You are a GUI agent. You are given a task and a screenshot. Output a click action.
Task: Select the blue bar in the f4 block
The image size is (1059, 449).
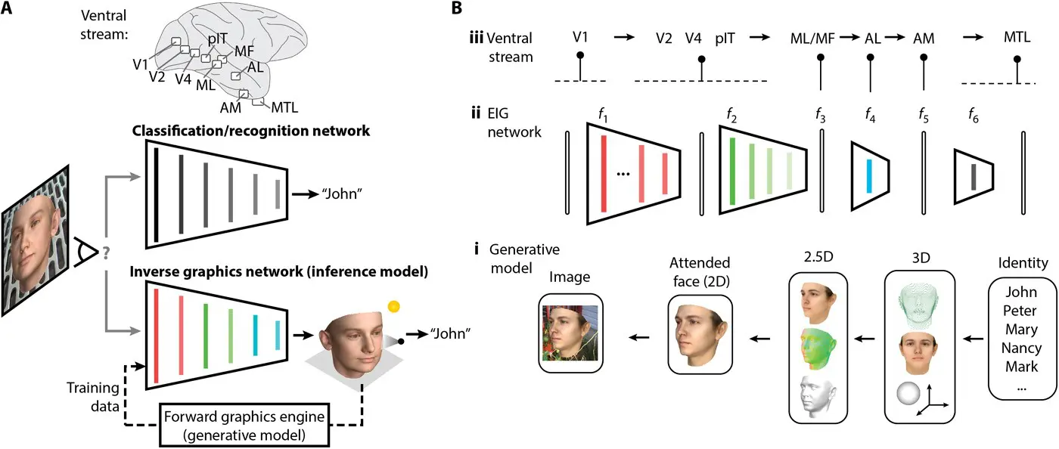(868, 175)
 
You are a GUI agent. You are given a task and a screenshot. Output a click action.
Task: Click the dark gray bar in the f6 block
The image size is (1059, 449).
(973, 176)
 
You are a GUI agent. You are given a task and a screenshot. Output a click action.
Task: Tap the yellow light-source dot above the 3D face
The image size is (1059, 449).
(393, 306)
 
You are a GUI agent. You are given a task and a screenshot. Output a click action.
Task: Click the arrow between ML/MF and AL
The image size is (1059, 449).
(850, 37)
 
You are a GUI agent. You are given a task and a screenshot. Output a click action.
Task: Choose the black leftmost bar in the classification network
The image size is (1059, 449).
(155, 196)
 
